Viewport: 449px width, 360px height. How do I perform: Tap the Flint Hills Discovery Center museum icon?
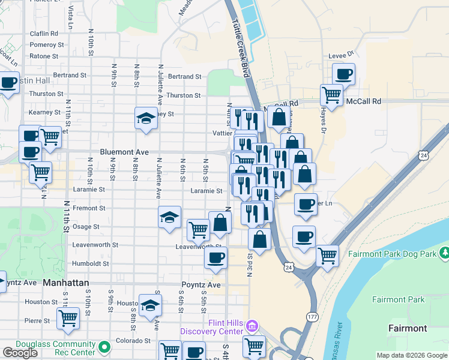(x=251, y=327)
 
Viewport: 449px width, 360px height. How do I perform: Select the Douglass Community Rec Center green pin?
(x=105, y=347)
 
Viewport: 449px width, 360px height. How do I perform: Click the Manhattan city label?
(x=66, y=282)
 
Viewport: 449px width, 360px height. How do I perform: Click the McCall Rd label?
(x=364, y=102)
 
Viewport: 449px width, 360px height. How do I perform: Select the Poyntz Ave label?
(x=201, y=284)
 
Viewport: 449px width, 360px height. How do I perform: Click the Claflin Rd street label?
(x=45, y=34)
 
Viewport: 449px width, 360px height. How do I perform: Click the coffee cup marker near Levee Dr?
(x=343, y=74)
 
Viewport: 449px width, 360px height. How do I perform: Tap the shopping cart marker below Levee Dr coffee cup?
(x=331, y=94)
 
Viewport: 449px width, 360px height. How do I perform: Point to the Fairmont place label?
(x=408, y=328)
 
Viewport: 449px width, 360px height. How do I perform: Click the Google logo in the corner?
(x=20, y=353)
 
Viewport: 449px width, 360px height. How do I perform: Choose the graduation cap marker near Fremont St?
(x=170, y=217)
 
